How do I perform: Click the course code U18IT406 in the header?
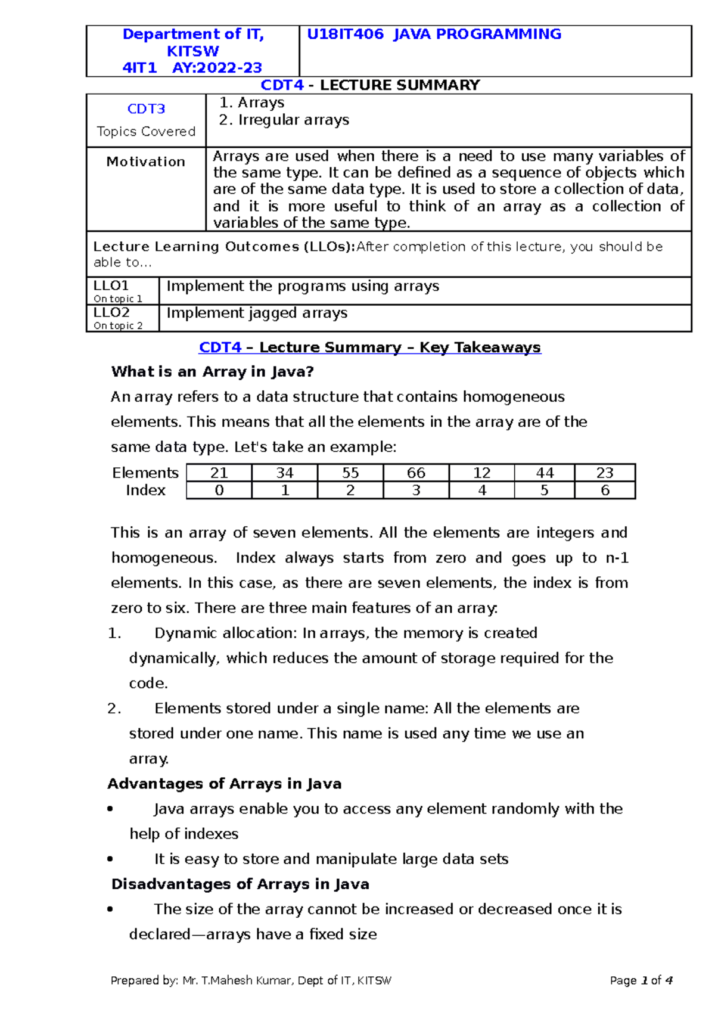(x=345, y=35)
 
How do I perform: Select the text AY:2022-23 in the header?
(x=217, y=68)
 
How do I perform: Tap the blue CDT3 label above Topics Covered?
(x=146, y=109)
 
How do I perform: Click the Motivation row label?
(x=145, y=162)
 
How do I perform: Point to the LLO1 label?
(x=111, y=286)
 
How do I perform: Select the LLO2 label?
(x=111, y=313)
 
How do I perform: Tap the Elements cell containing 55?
(x=350, y=473)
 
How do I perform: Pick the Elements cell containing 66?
(x=416, y=473)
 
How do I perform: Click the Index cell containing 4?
(x=481, y=491)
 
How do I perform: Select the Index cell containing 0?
(x=219, y=491)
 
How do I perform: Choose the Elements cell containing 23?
(x=605, y=473)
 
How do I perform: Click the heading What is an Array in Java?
(x=212, y=372)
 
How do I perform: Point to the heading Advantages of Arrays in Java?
(x=225, y=784)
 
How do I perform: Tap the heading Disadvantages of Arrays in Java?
(x=240, y=884)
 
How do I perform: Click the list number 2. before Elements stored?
(x=114, y=709)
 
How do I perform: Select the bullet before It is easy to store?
(x=110, y=859)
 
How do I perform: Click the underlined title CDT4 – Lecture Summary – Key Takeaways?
(x=369, y=347)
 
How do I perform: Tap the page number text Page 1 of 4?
(x=641, y=980)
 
